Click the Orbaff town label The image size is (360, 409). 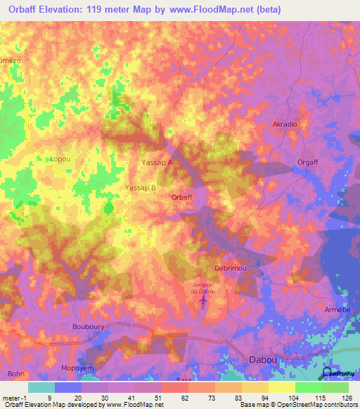(x=181, y=197)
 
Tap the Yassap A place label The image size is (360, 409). (x=157, y=162)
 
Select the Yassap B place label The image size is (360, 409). (x=140, y=188)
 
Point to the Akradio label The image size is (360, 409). (x=285, y=124)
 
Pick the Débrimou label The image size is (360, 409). (x=228, y=269)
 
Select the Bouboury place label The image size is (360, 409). (x=88, y=327)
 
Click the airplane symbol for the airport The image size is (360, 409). (x=203, y=301)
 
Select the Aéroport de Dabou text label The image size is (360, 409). (x=203, y=287)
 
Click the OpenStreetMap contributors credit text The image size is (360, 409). (x=321, y=405)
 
